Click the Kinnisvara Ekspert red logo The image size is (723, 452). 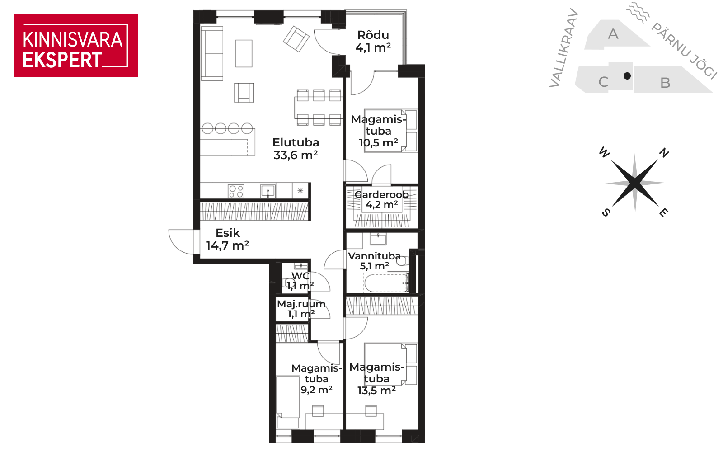point(76,46)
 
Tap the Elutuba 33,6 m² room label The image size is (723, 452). point(296,149)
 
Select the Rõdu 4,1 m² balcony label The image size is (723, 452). point(373,41)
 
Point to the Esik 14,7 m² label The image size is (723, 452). point(228,239)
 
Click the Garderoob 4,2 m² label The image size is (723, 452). point(381,199)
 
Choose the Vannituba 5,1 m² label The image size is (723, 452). point(375,261)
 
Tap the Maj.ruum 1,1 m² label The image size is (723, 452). point(301,309)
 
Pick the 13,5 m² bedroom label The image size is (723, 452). point(377,379)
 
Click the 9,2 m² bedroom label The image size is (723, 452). point(317,379)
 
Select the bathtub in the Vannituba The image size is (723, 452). point(386,283)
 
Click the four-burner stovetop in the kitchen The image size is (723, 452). point(236,191)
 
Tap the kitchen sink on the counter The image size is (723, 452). point(268,191)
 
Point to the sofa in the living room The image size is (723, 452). point(212,54)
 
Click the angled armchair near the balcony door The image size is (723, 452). point(296,39)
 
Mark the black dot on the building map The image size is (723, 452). point(627,76)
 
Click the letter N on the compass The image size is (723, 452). point(664,152)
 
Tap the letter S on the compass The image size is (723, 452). point(606,212)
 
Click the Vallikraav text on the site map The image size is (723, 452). point(563,48)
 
